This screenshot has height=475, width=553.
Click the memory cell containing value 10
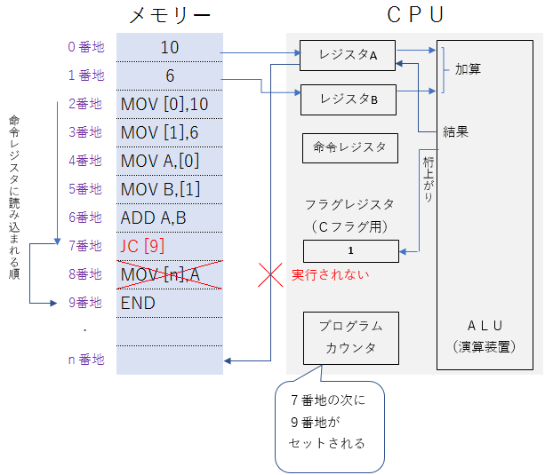tap(170, 47)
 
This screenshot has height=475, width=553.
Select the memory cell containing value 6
tap(170, 76)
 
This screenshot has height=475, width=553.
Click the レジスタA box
tap(348, 55)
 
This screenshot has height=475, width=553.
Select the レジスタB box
tap(348, 99)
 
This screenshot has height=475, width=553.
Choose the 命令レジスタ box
tap(349, 147)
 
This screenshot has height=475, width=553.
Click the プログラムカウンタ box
tap(350, 337)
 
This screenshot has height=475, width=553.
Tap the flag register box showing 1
tap(350, 251)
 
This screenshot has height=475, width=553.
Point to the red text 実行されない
tap(330, 274)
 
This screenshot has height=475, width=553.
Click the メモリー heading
tap(170, 15)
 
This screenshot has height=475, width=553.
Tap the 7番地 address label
tap(85, 246)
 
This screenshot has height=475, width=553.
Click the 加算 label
tap(468, 68)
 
